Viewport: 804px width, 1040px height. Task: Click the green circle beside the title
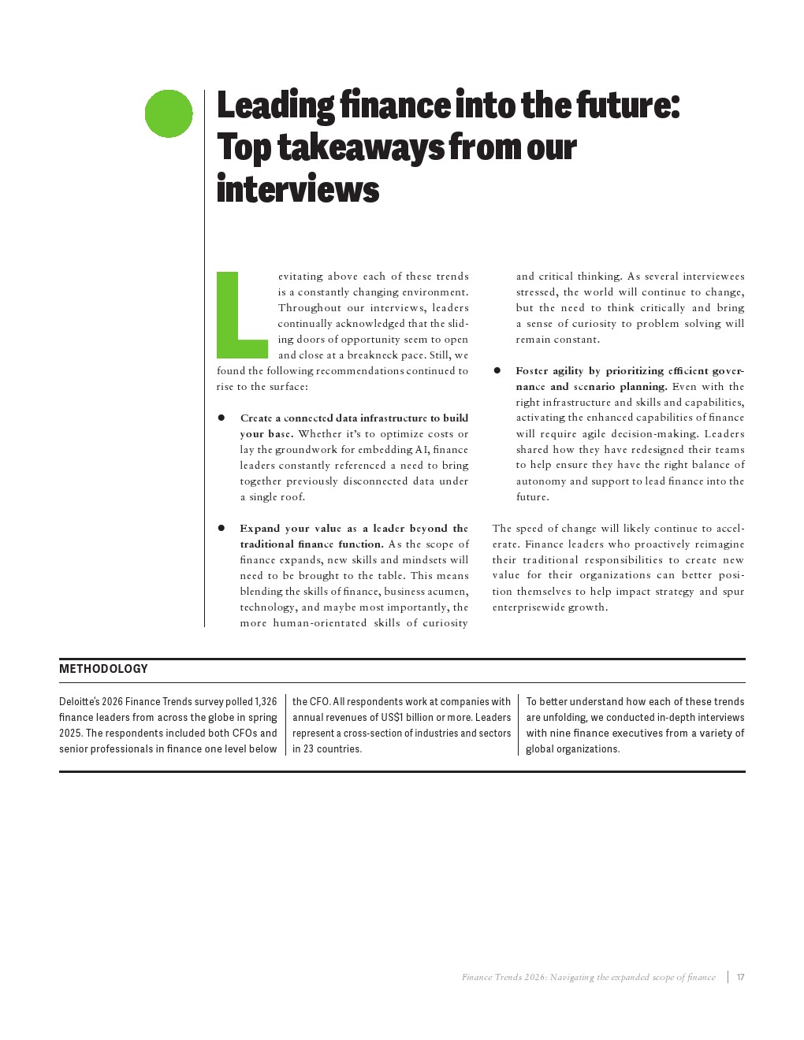(x=169, y=113)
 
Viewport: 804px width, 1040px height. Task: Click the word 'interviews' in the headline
(x=298, y=190)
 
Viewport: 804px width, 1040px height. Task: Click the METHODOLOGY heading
(x=103, y=669)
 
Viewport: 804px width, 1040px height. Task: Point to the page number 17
(x=740, y=977)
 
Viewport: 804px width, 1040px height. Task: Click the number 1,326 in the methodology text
(x=266, y=701)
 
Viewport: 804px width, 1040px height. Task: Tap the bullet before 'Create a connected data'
(x=221, y=418)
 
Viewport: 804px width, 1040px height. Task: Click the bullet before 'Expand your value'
(x=221, y=528)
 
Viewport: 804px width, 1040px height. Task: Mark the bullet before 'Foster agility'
(x=497, y=370)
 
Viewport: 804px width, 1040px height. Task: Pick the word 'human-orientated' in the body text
(x=319, y=623)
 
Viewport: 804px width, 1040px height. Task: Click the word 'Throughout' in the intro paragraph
(x=310, y=308)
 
